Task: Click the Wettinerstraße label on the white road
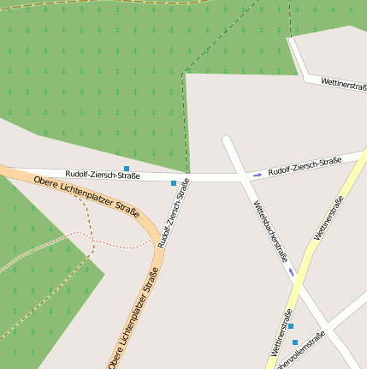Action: click(x=344, y=85)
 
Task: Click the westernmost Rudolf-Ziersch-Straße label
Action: click(x=103, y=175)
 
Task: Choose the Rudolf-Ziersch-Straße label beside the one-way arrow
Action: click(x=305, y=166)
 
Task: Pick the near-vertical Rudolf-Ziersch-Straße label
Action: click(x=174, y=219)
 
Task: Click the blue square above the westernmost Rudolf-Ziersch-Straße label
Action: click(x=127, y=168)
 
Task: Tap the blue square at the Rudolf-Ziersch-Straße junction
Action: click(x=174, y=183)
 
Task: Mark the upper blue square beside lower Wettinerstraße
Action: click(x=291, y=326)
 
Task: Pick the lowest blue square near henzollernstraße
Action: click(x=295, y=342)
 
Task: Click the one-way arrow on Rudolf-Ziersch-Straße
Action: click(x=257, y=175)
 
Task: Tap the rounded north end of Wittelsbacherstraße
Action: click(x=227, y=140)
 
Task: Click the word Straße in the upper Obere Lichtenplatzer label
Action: click(x=126, y=207)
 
